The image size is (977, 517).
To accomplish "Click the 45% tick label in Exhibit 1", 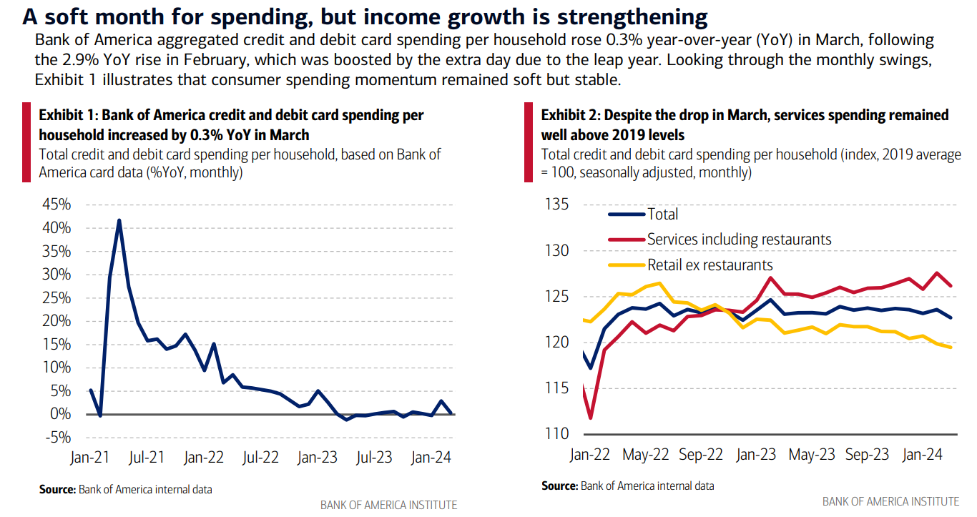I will click(57, 205).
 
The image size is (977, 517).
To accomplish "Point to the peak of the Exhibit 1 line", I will click(119, 220).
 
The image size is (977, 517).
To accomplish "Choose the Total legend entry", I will click(662, 214).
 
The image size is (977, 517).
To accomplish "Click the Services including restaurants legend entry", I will click(739, 240).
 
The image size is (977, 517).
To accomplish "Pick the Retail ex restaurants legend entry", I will click(710, 265).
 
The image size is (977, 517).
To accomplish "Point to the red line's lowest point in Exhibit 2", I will click(591, 418).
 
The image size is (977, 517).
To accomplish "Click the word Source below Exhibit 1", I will click(57, 490).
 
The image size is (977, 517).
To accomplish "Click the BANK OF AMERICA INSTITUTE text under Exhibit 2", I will click(890, 501).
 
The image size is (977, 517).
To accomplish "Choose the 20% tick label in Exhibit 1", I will click(57, 321).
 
